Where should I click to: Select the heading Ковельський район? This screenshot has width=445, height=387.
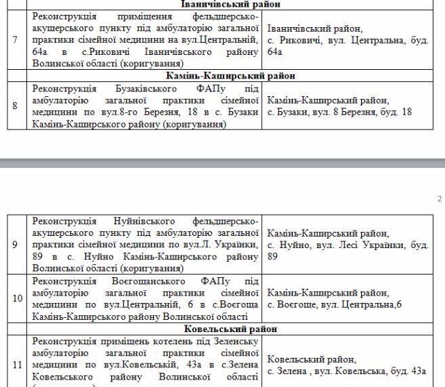[x=231, y=329]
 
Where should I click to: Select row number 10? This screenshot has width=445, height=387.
[x=15, y=298]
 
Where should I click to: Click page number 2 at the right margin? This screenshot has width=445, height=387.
[x=440, y=199]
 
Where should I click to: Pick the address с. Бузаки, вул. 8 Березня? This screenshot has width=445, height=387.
[x=339, y=112]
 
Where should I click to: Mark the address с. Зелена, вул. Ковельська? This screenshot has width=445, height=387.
[x=346, y=370]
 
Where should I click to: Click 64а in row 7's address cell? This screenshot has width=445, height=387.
[x=274, y=52]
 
